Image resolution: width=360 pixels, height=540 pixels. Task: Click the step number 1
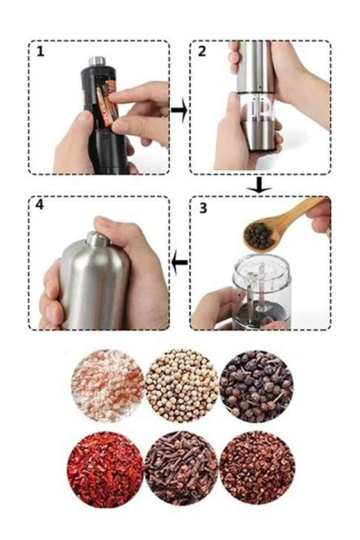click(x=40, y=52)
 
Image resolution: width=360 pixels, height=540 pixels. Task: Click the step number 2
click(x=202, y=52)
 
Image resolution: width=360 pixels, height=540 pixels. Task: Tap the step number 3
click(x=203, y=208)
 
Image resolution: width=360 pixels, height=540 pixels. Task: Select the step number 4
click(x=39, y=205)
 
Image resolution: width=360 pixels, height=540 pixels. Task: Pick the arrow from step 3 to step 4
click(x=180, y=262)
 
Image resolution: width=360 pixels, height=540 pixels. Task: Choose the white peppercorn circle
click(x=181, y=385)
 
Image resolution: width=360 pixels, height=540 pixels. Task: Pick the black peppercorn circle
click(x=257, y=385)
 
